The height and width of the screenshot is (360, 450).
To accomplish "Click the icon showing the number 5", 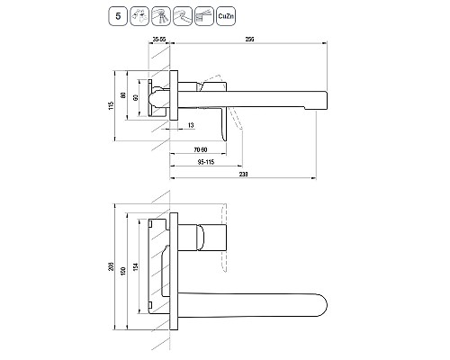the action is [118, 16].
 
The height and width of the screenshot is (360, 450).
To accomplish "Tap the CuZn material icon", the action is [226, 16].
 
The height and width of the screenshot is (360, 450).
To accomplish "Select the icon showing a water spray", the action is [139, 16].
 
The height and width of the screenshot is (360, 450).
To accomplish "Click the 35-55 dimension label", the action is [159, 40].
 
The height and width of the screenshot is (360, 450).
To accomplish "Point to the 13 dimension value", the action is [191, 125].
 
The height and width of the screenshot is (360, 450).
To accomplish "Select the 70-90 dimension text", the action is [201, 149].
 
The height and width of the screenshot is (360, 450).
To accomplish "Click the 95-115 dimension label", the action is [206, 162].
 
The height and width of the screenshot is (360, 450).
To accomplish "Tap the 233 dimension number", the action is [244, 174].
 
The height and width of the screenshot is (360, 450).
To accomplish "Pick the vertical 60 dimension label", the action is [136, 97].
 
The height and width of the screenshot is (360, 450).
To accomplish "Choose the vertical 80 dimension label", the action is [122, 95].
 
